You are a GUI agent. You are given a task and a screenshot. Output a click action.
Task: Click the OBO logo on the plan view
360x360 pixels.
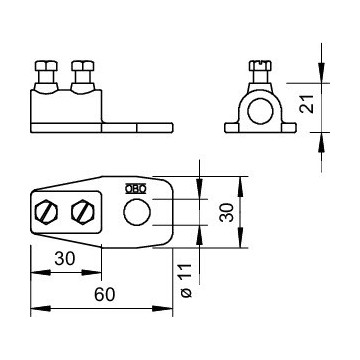[131, 187]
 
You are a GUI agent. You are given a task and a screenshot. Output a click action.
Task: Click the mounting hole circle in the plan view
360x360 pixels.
[135, 211]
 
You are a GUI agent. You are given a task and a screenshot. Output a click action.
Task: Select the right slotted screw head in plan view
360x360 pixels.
[80, 212]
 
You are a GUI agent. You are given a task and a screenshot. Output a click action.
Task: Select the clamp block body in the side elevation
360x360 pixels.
[65, 106]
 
